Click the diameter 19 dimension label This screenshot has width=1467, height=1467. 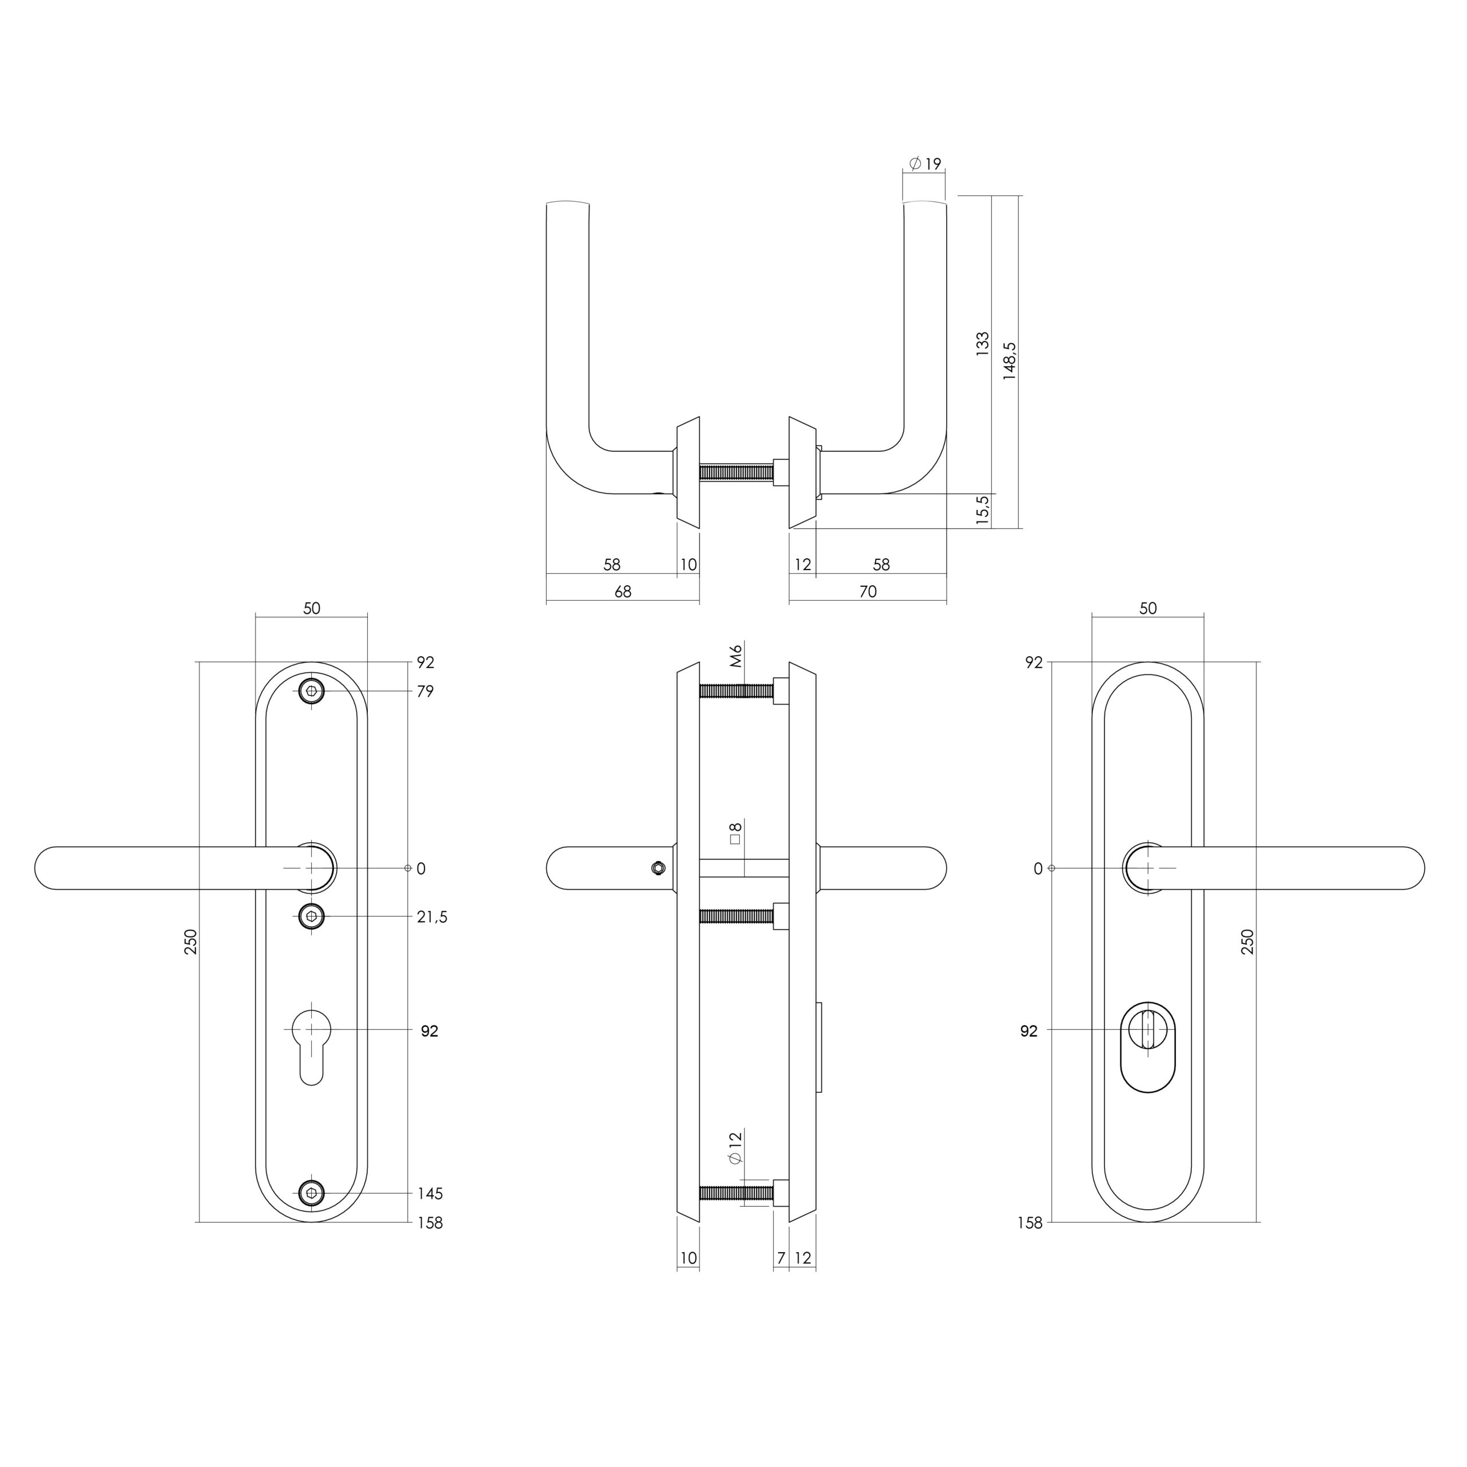click(925, 163)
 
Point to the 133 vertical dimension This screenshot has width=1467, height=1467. click(983, 344)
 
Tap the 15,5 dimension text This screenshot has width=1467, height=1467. click(983, 510)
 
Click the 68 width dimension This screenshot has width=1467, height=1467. click(623, 591)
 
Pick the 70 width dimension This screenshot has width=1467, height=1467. click(868, 591)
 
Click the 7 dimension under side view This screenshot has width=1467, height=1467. click(780, 1258)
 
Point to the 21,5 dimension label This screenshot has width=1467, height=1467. click(432, 917)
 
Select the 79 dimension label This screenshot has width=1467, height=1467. click(425, 692)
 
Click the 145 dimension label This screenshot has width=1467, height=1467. click(430, 1194)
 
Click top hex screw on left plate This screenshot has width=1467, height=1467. click(311, 691)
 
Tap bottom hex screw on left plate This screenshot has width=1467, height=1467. click(311, 1193)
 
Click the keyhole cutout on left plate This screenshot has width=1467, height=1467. click(311, 1044)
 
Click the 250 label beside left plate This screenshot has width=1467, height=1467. click(191, 942)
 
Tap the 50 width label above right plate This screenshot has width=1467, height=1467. click(1148, 608)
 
